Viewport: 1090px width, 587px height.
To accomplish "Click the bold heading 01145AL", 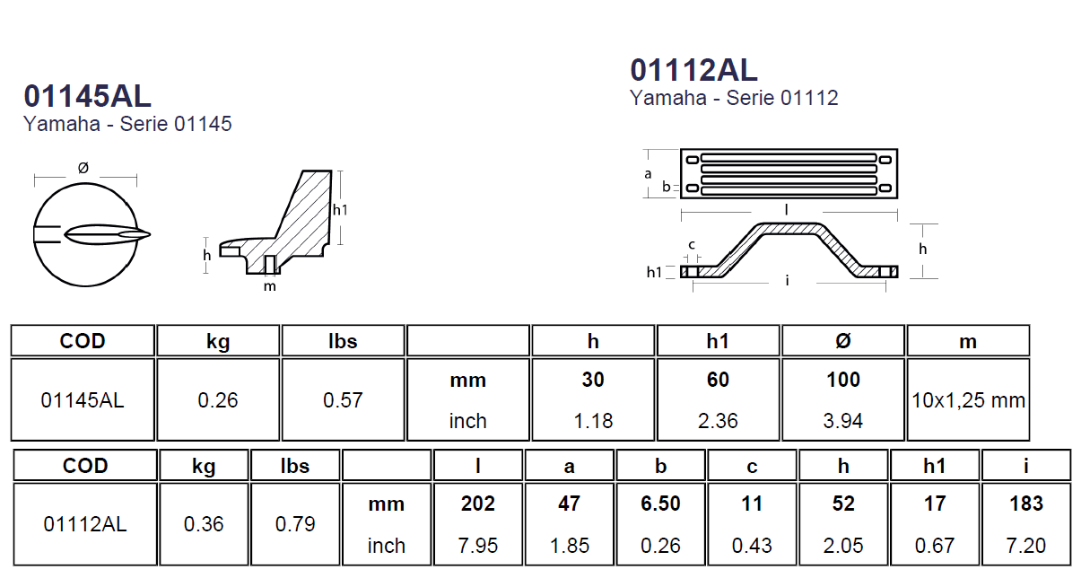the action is tap(88, 96).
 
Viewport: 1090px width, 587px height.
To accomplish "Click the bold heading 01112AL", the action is tap(693, 70).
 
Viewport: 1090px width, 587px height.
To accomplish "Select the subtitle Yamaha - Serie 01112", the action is tap(734, 98).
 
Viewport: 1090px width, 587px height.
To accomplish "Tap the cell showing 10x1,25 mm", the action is tap(968, 400).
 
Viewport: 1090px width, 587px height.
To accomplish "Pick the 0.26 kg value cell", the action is tap(217, 400).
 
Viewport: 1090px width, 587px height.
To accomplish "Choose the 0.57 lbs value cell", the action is tap(343, 400).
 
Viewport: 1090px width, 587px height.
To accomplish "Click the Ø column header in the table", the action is tap(842, 341).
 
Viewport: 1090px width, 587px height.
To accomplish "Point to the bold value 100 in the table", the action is tap(842, 380).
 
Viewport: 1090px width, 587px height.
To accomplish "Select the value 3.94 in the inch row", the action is tap(842, 421).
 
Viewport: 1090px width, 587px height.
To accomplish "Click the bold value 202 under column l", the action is tap(478, 504).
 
